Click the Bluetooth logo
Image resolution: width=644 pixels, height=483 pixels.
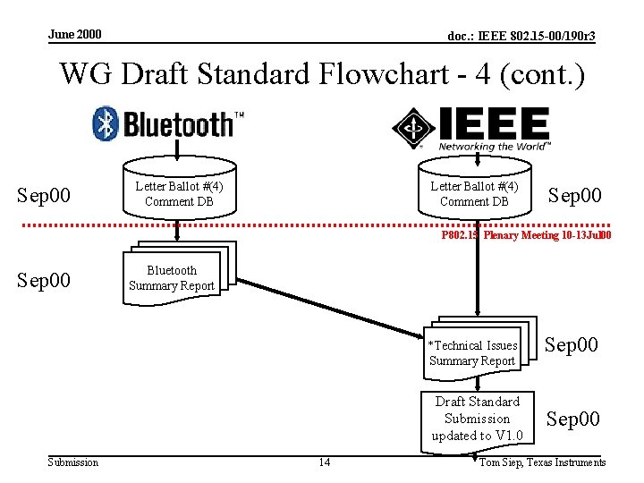coord(168,123)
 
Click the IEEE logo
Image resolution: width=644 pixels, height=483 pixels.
coord(471,128)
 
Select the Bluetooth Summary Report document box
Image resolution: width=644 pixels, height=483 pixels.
coord(173,277)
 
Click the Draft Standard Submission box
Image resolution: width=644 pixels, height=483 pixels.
coord(477,419)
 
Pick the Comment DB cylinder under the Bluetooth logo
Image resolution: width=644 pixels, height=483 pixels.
coord(178,192)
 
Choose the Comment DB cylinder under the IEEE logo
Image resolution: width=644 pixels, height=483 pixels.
coord(473,192)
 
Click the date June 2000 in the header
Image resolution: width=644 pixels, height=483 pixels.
coord(75,35)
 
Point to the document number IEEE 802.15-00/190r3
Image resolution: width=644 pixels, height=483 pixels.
coord(521,36)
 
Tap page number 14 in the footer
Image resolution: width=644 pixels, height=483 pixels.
coord(324,462)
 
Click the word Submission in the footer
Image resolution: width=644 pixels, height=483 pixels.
coord(72,462)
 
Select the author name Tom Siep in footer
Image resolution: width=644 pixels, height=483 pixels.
coord(542,462)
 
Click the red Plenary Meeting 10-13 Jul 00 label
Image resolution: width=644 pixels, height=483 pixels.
coord(526,236)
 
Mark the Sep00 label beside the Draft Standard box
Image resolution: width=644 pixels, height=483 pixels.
coord(573,419)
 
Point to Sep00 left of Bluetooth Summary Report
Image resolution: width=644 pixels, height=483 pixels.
coord(44,279)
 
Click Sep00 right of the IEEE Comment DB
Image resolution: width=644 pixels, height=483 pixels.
coord(574,195)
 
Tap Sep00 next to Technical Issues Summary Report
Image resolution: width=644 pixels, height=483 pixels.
coord(572,345)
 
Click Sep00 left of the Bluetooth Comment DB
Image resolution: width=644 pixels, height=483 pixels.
coord(44,195)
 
